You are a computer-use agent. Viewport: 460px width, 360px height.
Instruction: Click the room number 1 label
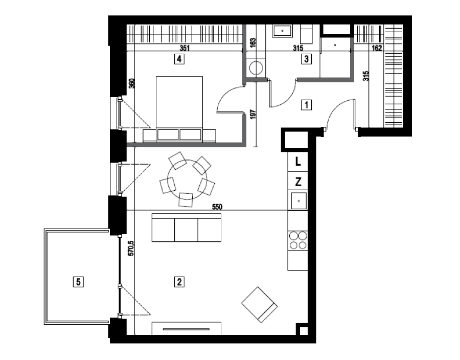click(307, 105)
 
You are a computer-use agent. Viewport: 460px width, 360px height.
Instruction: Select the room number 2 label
click(179, 282)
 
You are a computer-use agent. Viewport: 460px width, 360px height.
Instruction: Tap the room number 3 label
click(306, 59)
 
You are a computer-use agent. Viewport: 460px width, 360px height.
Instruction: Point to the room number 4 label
click(179, 59)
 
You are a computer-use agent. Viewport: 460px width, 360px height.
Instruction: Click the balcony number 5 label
click(78, 282)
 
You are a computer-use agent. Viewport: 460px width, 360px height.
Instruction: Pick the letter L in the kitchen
click(298, 162)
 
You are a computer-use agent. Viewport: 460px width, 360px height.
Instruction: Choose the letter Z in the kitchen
click(298, 182)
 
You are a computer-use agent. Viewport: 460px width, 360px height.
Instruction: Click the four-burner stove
click(298, 240)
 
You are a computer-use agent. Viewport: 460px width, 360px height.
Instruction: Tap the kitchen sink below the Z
click(298, 201)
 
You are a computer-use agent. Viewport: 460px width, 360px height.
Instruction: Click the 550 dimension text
click(217, 207)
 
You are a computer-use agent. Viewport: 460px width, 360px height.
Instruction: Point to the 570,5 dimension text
click(131, 248)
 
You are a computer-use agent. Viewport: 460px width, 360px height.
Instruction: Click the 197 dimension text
click(254, 114)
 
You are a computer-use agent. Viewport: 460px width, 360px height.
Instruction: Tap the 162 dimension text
click(377, 48)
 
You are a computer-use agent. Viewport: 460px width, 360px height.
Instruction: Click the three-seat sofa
click(186, 228)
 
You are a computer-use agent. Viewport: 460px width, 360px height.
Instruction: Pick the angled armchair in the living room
click(260, 305)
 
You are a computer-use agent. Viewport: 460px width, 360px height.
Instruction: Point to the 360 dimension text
click(132, 84)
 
